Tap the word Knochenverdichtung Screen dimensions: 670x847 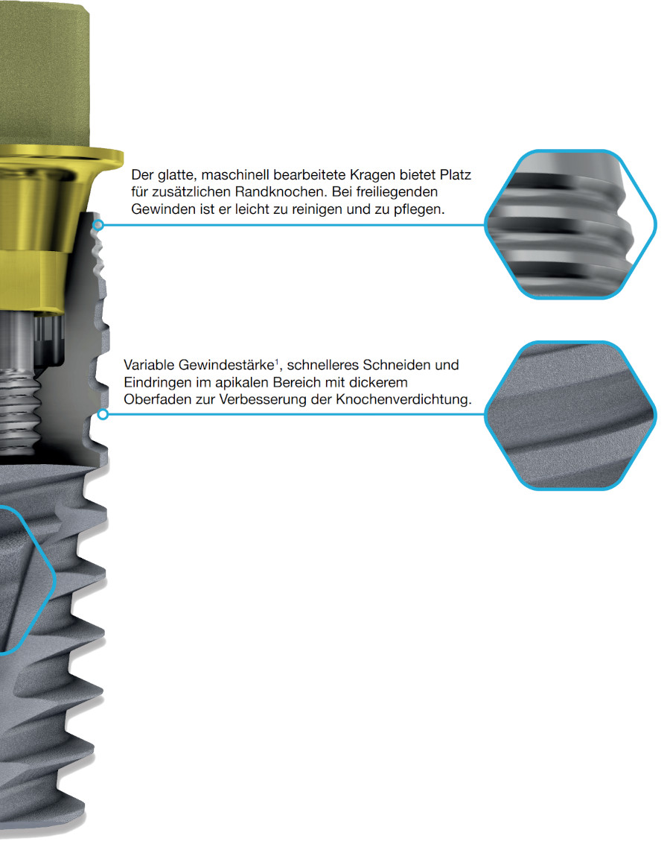(403, 400)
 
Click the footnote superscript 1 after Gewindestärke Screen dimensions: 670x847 (277, 361)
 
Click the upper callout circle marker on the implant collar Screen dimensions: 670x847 (98, 224)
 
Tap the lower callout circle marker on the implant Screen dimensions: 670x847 (103, 414)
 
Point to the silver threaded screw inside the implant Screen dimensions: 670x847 (19, 384)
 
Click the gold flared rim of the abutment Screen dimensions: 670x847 (60, 159)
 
